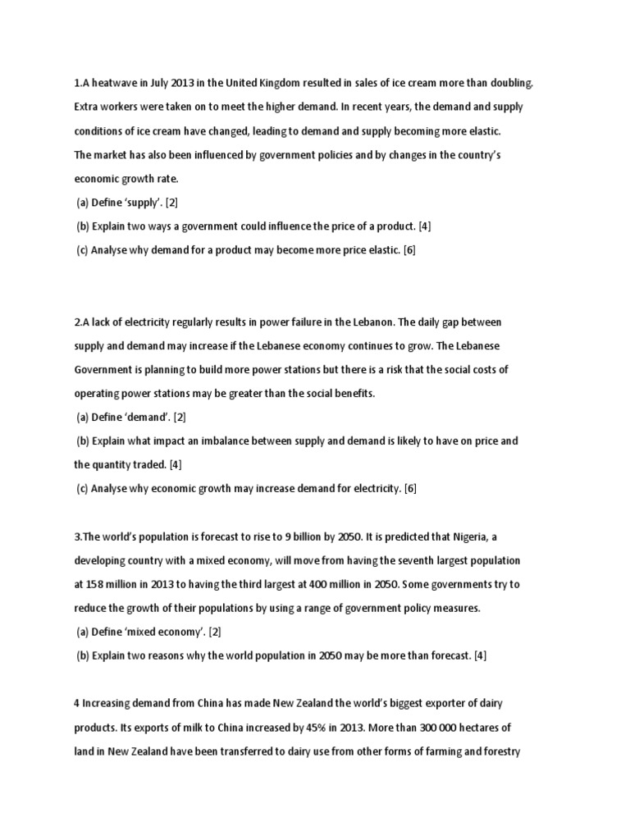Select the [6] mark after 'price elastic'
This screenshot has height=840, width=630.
(x=409, y=250)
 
